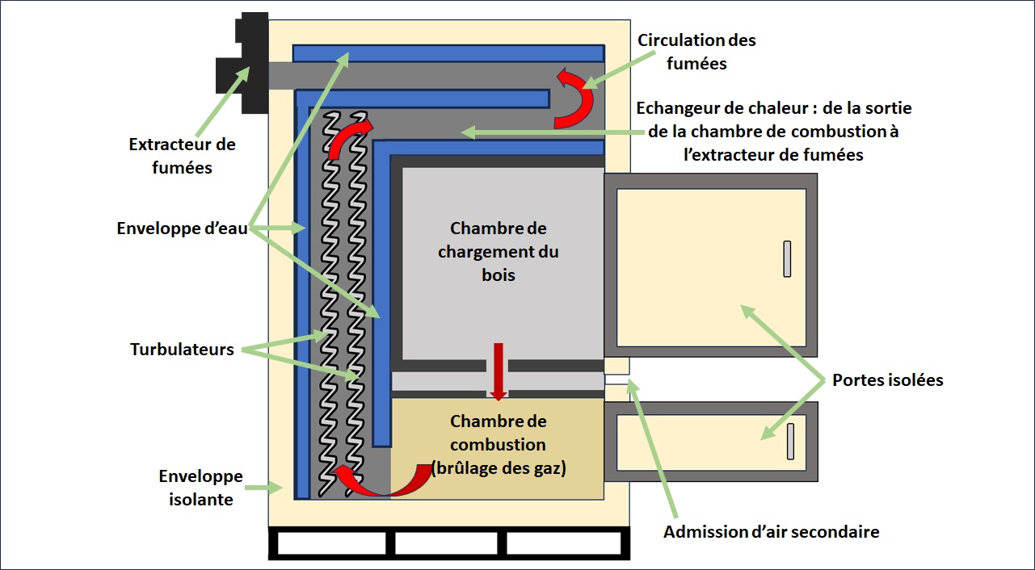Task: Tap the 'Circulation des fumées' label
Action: (x=696, y=51)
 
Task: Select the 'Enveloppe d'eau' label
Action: (x=181, y=228)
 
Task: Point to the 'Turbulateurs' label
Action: (x=182, y=350)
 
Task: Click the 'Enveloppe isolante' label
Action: (x=200, y=488)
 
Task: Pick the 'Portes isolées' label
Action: (x=888, y=379)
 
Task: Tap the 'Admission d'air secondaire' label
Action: (x=771, y=531)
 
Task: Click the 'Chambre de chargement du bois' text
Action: (x=499, y=251)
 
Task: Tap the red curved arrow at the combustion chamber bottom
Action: (x=380, y=480)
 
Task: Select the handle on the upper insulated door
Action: (x=787, y=259)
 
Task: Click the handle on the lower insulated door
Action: (x=790, y=441)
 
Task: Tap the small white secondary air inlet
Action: (x=616, y=379)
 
